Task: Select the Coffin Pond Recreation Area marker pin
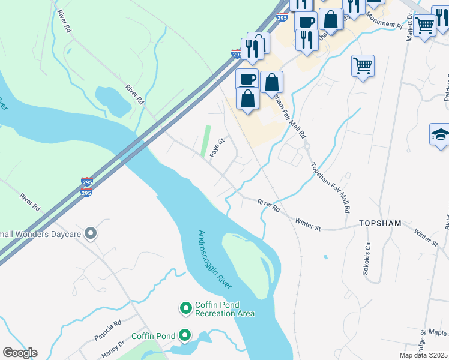[186, 308]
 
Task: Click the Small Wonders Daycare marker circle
[91, 233]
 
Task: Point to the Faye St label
[217, 148]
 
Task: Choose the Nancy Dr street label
[113, 347]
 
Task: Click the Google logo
[20, 353]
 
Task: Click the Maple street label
[438, 333]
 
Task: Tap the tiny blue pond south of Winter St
[325, 257]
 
